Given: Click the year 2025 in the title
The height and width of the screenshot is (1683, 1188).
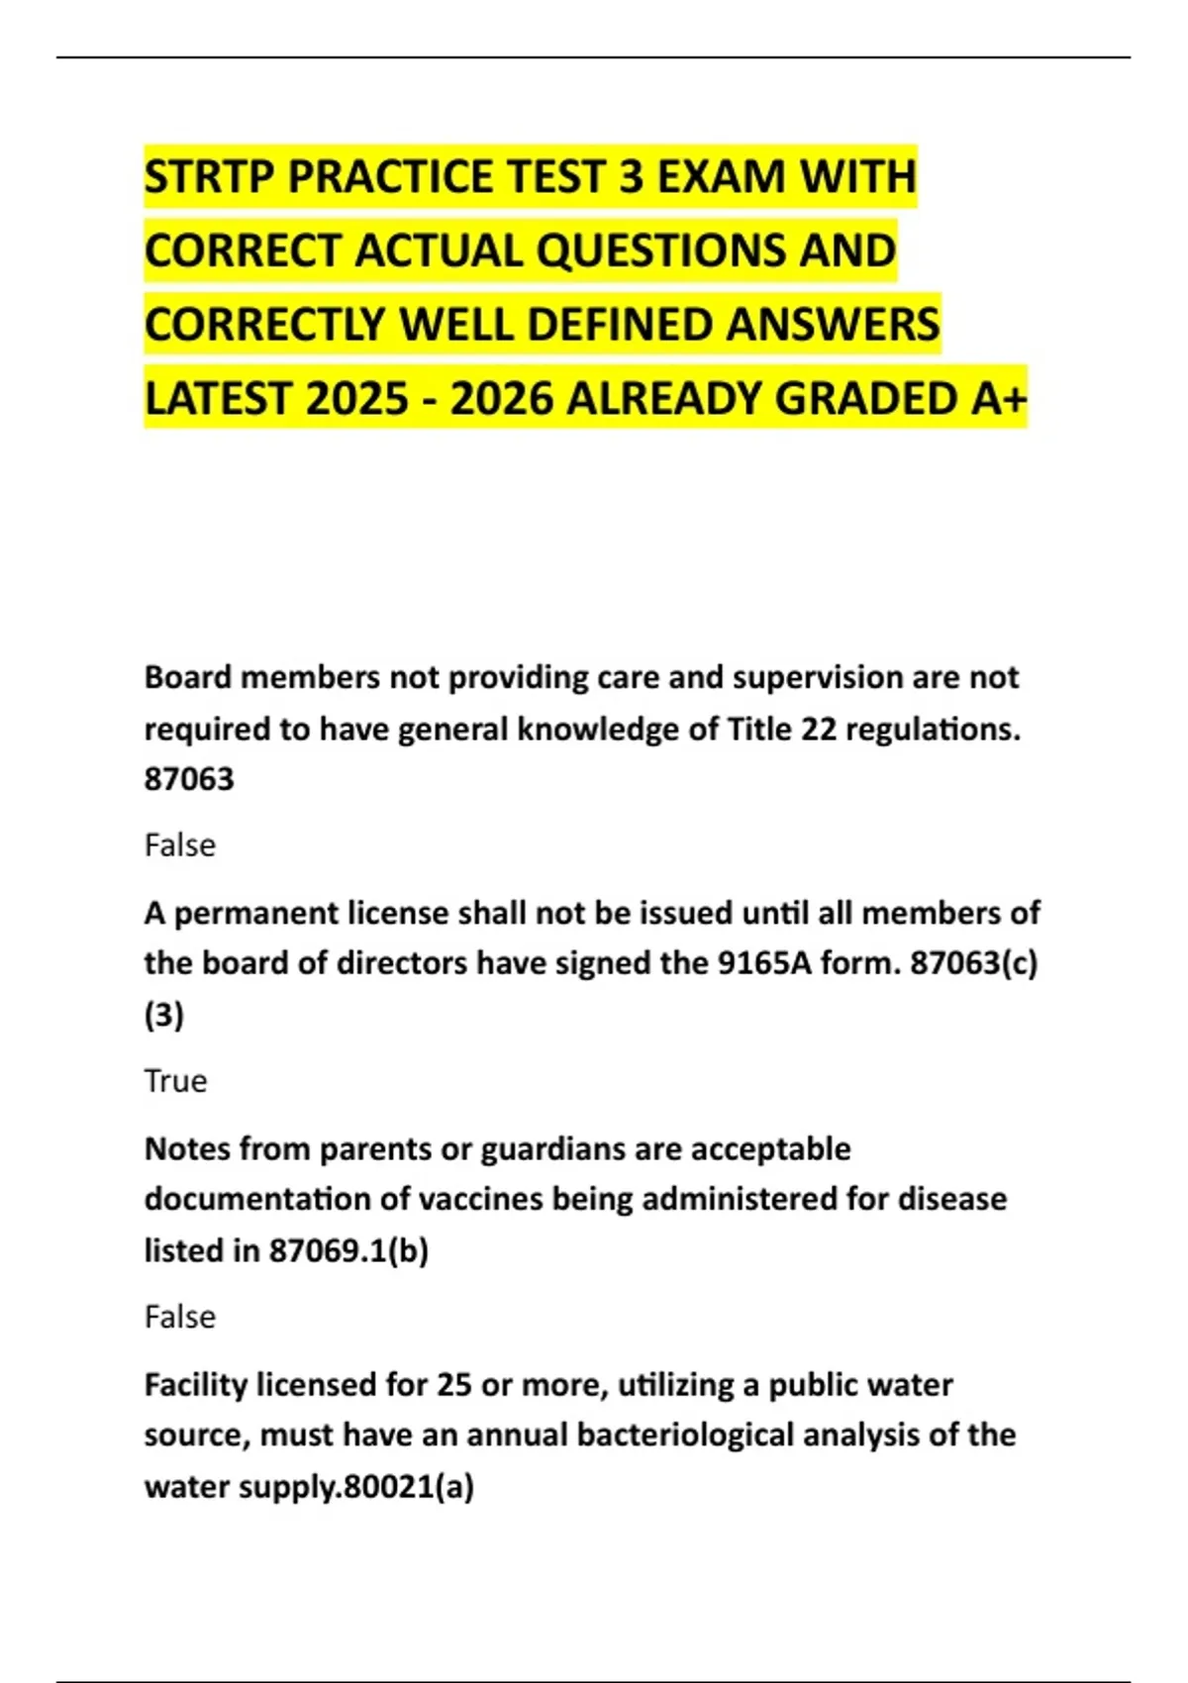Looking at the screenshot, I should [x=356, y=400].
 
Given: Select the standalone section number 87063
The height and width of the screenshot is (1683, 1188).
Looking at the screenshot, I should [x=189, y=779].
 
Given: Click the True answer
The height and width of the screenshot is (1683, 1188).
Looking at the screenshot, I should [x=175, y=1081].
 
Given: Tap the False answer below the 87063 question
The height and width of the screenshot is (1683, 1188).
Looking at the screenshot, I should [x=179, y=845].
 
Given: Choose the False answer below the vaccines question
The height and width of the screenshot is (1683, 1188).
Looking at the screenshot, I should [x=179, y=1317].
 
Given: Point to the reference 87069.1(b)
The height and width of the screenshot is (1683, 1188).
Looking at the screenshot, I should [x=348, y=1250].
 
